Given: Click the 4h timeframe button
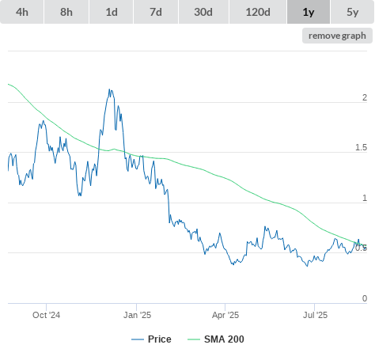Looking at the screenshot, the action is (22, 12).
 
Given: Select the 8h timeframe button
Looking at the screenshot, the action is (66, 12).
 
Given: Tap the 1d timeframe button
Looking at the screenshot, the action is (112, 12).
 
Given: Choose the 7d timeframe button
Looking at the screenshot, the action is (156, 12).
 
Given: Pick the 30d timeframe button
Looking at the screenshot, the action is (203, 12).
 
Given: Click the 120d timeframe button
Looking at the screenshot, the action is (258, 12).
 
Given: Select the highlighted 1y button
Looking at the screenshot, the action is (309, 12).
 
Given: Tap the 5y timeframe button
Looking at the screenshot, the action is (352, 12).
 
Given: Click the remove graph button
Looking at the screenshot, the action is (337, 36).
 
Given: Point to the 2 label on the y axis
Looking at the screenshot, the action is (365, 97).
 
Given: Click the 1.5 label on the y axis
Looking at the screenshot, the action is (361, 148).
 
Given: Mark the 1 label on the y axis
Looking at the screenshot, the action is (365, 198).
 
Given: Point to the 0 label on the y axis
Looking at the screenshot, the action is (365, 298).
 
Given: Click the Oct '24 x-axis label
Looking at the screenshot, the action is (46, 315).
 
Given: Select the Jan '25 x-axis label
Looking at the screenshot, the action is (137, 315).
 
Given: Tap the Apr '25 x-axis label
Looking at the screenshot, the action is (225, 315).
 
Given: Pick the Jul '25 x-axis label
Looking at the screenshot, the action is (315, 315).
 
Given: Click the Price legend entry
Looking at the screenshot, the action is (151, 339).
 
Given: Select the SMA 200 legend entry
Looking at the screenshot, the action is (216, 339).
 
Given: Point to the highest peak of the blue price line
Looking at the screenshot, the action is (109, 89).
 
